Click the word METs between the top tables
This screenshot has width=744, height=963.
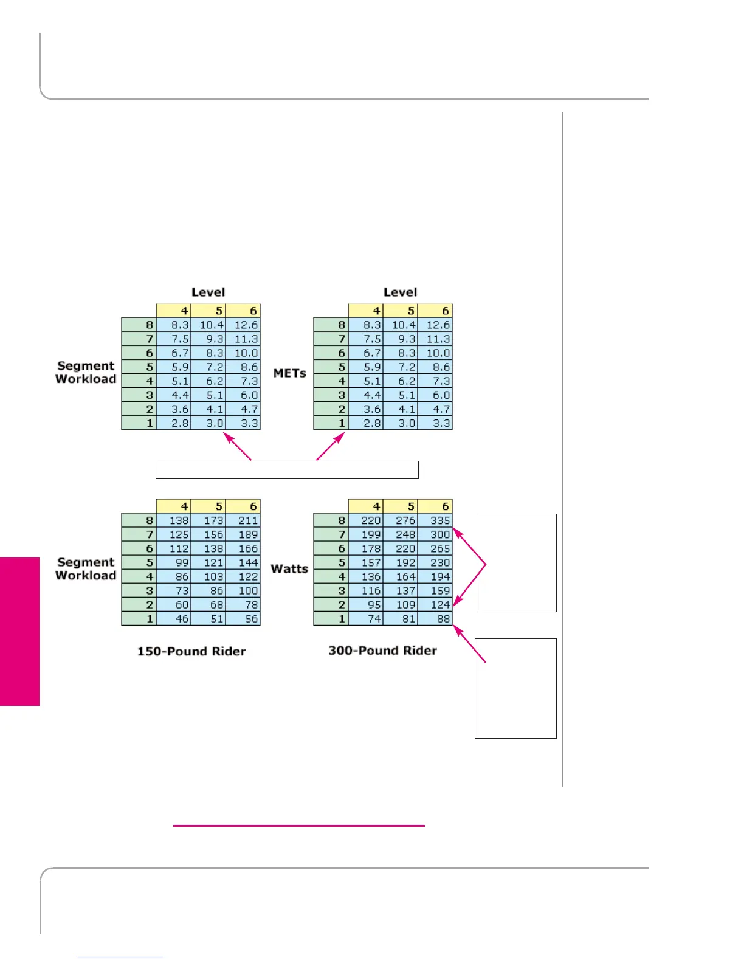pos(289,373)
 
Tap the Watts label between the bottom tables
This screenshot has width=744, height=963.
pos(289,568)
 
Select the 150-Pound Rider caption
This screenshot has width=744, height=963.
pos(191,651)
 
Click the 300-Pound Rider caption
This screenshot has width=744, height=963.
pos(382,651)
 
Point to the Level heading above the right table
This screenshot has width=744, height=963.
pos(400,292)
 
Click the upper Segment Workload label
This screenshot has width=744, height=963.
pos(86,372)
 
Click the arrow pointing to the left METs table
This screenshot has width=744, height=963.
pos(238,446)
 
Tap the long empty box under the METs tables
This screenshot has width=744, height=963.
pos(287,470)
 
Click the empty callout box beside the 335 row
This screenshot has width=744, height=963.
pos(517,562)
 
